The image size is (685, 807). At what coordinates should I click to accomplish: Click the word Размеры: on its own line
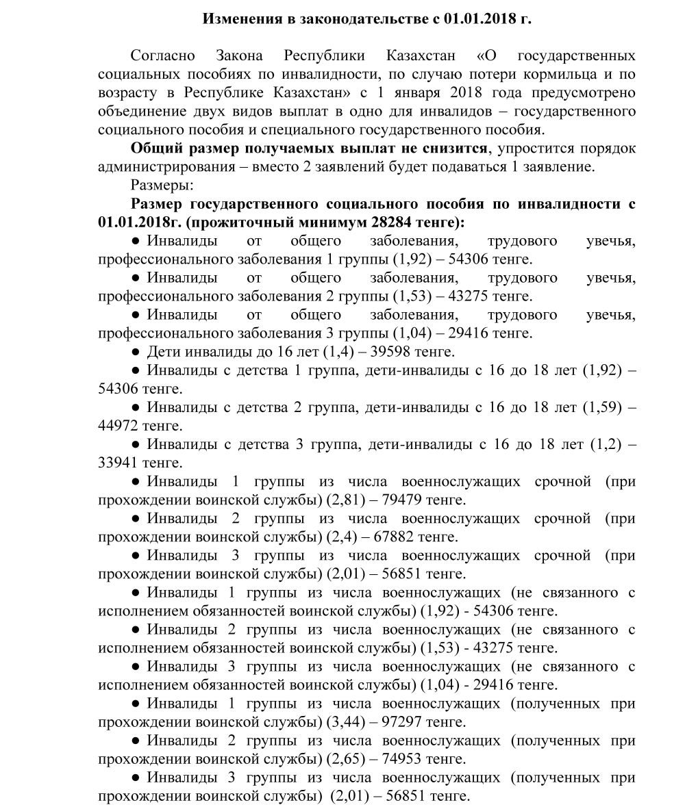point(162,185)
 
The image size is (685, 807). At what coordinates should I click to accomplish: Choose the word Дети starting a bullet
point(165,352)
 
